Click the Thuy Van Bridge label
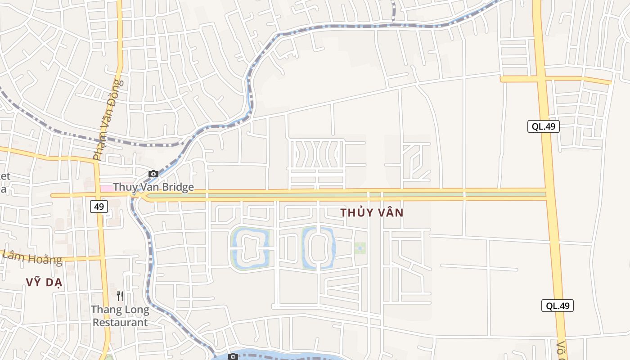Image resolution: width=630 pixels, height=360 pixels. point(153,187)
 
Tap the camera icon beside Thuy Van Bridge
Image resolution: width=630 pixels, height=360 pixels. point(153,174)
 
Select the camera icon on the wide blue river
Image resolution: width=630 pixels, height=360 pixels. point(233,357)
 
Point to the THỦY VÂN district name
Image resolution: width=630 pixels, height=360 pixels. point(372,213)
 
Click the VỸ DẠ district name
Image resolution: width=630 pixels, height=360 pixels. point(44,283)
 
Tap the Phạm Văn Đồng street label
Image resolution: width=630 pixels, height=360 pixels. point(108,120)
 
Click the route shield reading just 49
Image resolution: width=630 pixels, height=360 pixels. point(99,207)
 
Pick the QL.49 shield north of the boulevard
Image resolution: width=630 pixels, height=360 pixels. point(543,126)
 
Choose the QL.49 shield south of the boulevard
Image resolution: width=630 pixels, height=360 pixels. point(557,306)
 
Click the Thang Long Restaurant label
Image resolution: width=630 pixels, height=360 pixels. point(120,316)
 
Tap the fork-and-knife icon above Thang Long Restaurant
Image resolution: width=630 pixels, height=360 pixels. point(120,296)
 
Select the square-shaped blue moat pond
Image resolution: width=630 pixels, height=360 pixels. point(250,248)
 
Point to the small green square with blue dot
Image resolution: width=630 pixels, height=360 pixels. point(360,248)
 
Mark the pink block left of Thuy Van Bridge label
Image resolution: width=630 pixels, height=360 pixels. point(106,188)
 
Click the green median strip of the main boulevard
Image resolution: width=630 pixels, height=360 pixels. point(342,195)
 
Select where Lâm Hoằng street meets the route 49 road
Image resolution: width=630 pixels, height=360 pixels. point(102,258)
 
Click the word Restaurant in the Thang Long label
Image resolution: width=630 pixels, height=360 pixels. point(120,323)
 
